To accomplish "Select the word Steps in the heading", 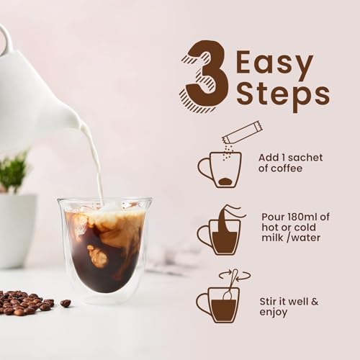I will click(x=282, y=94).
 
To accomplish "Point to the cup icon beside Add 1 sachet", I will click(x=220, y=170).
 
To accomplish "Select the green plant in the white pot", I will click(x=13, y=171).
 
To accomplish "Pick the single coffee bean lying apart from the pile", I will click(x=66, y=303).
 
